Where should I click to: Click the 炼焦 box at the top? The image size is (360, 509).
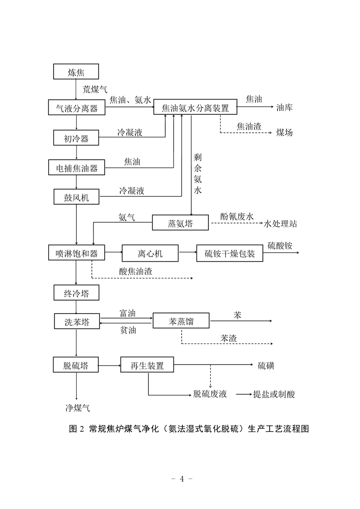point(76,72)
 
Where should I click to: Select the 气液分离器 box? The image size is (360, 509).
point(77,108)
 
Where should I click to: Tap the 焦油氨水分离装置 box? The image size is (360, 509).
point(195,107)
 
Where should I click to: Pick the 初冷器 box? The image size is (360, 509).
point(76,137)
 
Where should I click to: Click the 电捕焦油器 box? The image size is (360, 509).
point(77,167)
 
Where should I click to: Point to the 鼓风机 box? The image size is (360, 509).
point(76,197)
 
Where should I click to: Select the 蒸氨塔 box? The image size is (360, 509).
point(180,223)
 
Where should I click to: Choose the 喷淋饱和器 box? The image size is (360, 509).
point(77,253)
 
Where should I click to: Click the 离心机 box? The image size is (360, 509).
point(150,253)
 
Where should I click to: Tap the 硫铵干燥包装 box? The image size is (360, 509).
point(230,253)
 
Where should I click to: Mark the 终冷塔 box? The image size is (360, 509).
point(76,293)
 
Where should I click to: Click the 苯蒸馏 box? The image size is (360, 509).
point(181,321)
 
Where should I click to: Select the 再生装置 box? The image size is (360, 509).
point(147,365)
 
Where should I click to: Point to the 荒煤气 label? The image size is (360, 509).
point(94,89)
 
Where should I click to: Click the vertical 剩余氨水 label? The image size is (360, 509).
point(197,173)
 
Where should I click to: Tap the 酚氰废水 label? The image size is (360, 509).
point(237,216)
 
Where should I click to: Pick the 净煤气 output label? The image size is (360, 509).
point(77,408)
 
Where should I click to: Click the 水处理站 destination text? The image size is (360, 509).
point(281,224)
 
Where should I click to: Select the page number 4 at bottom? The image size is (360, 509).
point(182,479)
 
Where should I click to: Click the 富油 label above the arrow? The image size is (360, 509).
point(128,313)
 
